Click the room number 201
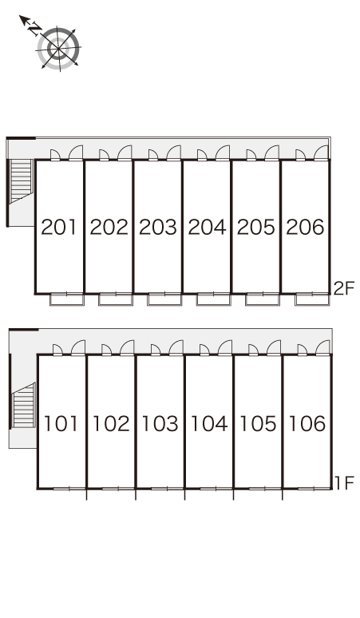(x=59, y=228)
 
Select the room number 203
(x=157, y=228)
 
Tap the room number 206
(x=305, y=228)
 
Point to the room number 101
(x=61, y=423)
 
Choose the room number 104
(x=209, y=423)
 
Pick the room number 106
(x=307, y=423)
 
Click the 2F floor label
(x=344, y=289)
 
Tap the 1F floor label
(x=345, y=483)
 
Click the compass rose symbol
(x=59, y=49)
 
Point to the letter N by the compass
(x=35, y=29)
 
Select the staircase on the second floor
(x=21, y=181)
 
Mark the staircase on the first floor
(x=24, y=405)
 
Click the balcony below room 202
(x=116, y=299)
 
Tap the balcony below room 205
(x=263, y=299)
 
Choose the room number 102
(x=111, y=423)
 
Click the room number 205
(x=256, y=228)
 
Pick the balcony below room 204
(x=213, y=299)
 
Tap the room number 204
(x=208, y=228)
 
